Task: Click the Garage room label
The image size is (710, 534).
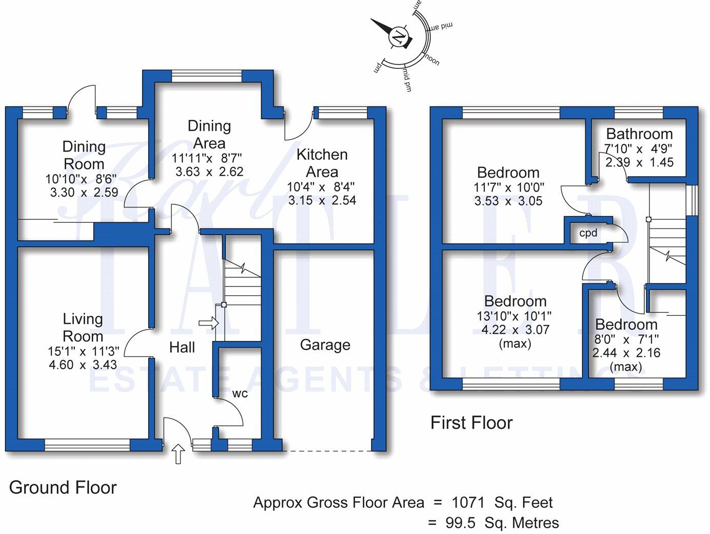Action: click(x=325, y=345)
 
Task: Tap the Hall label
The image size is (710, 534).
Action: click(x=182, y=348)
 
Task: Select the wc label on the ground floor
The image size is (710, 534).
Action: click(x=240, y=394)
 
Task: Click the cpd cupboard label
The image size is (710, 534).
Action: click(x=588, y=233)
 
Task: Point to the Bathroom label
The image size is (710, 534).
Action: click(x=639, y=134)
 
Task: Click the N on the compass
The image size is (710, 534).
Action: click(x=398, y=37)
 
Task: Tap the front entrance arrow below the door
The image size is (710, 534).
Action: click(x=178, y=454)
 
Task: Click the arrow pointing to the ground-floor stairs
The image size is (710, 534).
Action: click(x=208, y=323)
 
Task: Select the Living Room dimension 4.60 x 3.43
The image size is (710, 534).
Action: click(x=83, y=365)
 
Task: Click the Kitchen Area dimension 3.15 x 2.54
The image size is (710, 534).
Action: click(x=322, y=200)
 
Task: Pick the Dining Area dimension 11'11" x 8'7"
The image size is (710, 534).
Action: click(x=209, y=158)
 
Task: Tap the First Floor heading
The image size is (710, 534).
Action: click(x=471, y=423)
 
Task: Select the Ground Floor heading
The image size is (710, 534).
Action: click(x=63, y=487)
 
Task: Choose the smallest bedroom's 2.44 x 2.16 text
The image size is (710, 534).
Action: click(x=626, y=353)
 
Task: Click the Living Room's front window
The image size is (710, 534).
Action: click(x=87, y=445)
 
